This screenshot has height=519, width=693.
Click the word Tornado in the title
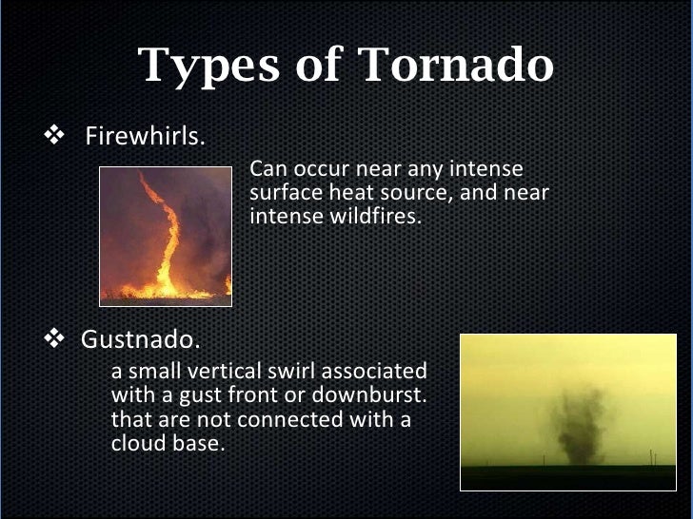click(456, 65)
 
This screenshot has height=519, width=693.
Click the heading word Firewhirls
click(145, 136)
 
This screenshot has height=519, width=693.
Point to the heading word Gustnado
click(140, 339)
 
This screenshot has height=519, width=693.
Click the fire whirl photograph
click(166, 235)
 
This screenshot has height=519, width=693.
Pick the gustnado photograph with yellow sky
click(566, 411)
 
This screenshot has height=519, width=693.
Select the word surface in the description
click(283, 193)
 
